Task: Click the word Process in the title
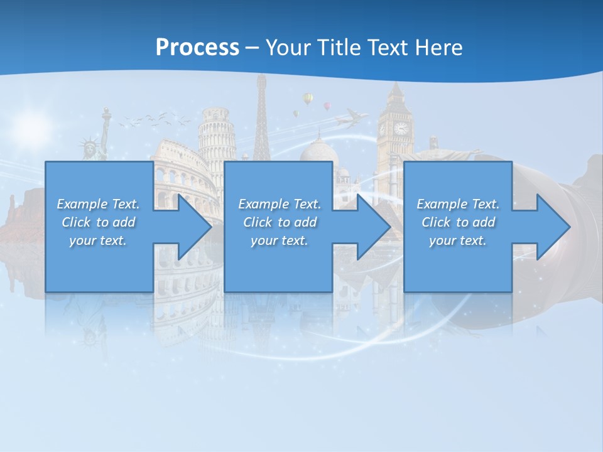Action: click(x=197, y=47)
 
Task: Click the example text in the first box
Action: click(x=98, y=222)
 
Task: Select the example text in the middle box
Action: click(x=279, y=222)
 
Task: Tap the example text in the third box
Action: click(x=457, y=222)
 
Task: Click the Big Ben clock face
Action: click(x=400, y=128)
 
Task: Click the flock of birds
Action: click(x=154, y=119)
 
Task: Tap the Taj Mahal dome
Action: click(x=318, y=151)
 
